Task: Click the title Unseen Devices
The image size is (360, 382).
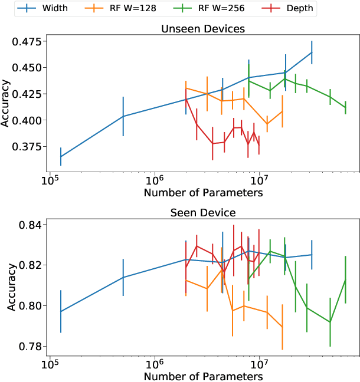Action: pos(203,28)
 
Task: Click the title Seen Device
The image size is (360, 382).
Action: pos(203,212)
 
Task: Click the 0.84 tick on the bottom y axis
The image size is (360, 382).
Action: pos(31,225)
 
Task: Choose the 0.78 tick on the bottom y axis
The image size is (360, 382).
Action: pos(31,345)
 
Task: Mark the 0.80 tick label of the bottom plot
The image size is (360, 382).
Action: pos(31,305)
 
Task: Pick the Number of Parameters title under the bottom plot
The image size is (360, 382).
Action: pos(203,376)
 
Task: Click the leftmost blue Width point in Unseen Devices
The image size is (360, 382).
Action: pos(61,156)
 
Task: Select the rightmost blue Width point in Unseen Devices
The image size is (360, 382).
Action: pos(312,52)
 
